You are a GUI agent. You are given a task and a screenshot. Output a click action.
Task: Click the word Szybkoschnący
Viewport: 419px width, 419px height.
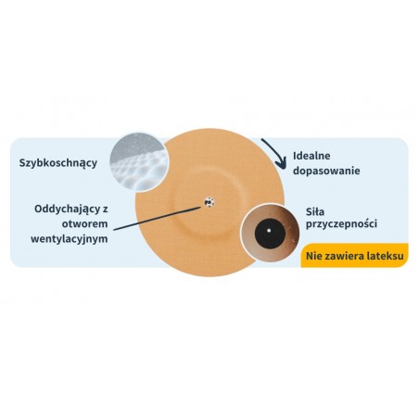click(58, 163)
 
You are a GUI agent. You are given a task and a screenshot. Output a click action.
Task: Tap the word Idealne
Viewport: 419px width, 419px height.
click(311, 156)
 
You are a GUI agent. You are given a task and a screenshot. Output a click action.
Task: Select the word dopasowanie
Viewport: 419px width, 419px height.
click(326, 171)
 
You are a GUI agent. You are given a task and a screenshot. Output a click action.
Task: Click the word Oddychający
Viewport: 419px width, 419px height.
click(67, 209)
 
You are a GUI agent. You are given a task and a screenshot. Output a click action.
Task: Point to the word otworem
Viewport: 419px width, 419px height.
click(85, 223)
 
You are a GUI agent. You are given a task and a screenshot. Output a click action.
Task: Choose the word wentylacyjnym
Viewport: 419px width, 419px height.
click(70, 239)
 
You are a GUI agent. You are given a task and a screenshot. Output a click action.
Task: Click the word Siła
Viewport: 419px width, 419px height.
click(315, 212)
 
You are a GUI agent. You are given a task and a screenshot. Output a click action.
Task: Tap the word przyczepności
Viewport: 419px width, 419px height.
click(341, 223)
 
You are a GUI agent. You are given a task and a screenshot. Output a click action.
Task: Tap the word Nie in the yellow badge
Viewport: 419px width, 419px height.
click(314, 256)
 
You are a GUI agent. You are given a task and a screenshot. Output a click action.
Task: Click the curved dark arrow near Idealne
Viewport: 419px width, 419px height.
click(278, 151)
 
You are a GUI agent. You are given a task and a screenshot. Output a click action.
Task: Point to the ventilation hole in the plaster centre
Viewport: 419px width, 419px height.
click(209, 202)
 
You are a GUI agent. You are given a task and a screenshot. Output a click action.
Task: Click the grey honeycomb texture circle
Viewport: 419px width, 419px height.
click(139, 162)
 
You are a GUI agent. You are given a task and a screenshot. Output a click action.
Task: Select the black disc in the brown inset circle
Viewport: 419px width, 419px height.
click(270, 233)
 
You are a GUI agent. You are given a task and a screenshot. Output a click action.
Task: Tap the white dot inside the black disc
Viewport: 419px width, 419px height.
click(269, 230)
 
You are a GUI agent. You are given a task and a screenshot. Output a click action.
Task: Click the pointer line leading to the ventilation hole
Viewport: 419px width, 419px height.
click(158, 219)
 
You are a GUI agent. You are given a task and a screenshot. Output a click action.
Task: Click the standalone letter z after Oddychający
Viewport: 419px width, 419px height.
click(106, 209)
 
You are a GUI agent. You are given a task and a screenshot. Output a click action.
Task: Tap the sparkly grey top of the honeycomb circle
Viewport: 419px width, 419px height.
click(136, 144)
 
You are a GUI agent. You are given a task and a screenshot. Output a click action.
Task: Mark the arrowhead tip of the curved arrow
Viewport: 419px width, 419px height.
click(284, 169)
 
